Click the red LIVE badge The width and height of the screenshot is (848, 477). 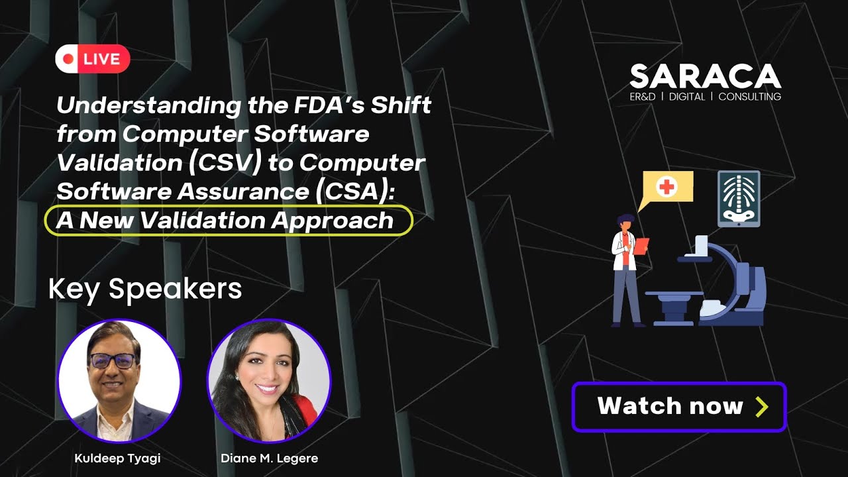coord(93,59)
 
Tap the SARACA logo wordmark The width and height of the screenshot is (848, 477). coord(705,77)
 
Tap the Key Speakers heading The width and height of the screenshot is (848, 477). coord(145,289)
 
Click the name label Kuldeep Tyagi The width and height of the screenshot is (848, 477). coord(119,458)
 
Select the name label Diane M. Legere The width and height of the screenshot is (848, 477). coord(270,458)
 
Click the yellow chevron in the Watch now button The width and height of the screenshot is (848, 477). coord(761,406)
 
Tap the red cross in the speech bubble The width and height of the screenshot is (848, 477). coord(666,187)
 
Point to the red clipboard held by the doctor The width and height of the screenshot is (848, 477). coord(641,246)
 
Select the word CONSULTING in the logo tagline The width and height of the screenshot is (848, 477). coord(750,97)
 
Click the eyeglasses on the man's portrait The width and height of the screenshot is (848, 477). coord(112,360)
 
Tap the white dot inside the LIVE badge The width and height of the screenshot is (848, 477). coord(68,59)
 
